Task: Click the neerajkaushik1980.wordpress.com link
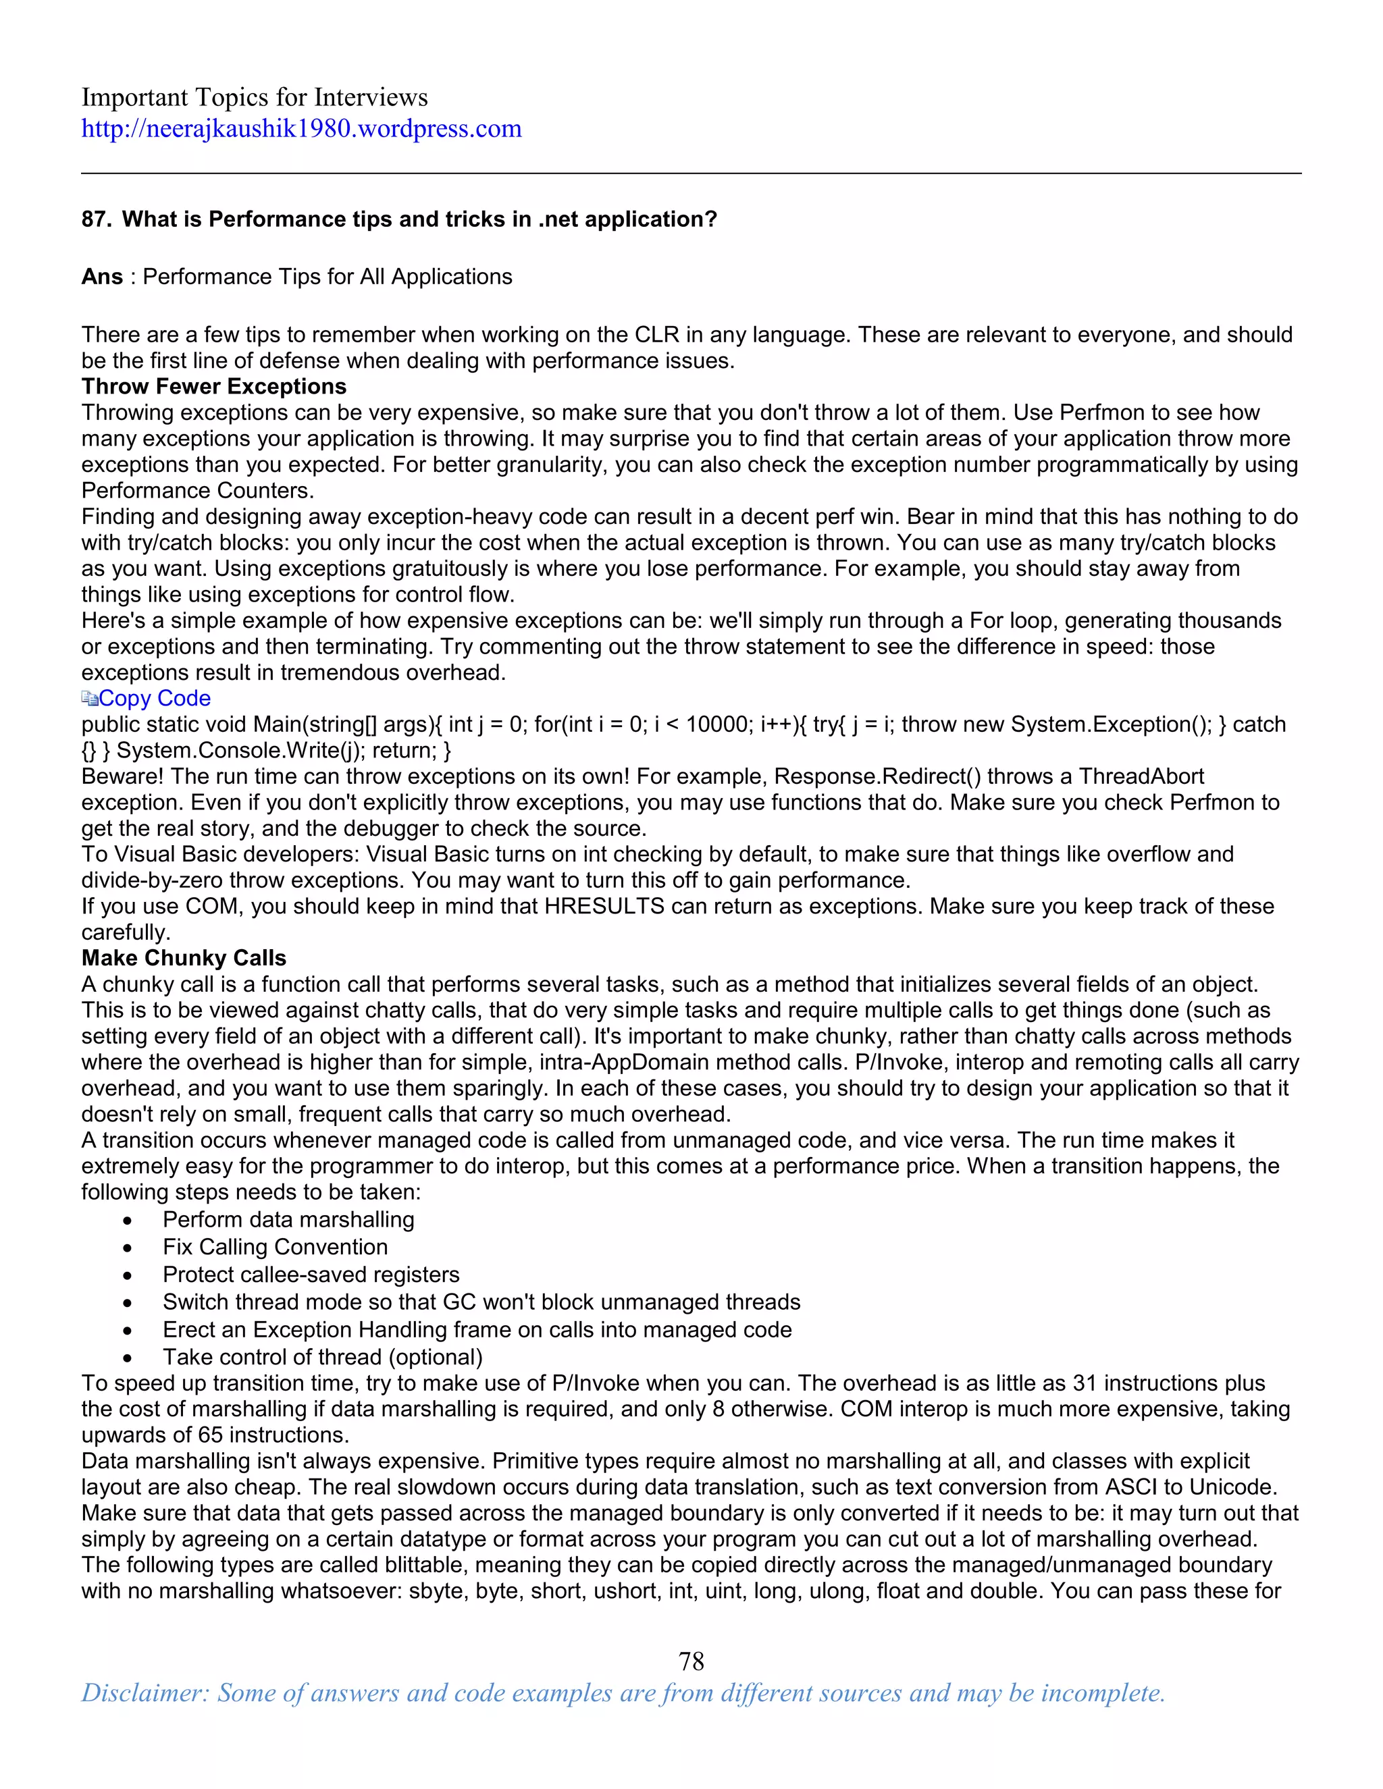click(301, 128)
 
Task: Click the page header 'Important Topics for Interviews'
click(254, 97)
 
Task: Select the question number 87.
click(96, 219)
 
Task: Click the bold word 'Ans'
click(101, 277)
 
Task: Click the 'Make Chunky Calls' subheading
click(184, 959)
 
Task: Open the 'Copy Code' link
click(154, 699)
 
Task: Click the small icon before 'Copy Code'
click(89, 699)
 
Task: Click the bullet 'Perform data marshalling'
click(288, 1220)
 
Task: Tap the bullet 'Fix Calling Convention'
click(276, 1248)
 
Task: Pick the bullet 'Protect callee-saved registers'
click(311, 1275)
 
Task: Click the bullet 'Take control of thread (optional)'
click(322, 1358)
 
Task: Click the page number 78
click(691, 1661)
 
